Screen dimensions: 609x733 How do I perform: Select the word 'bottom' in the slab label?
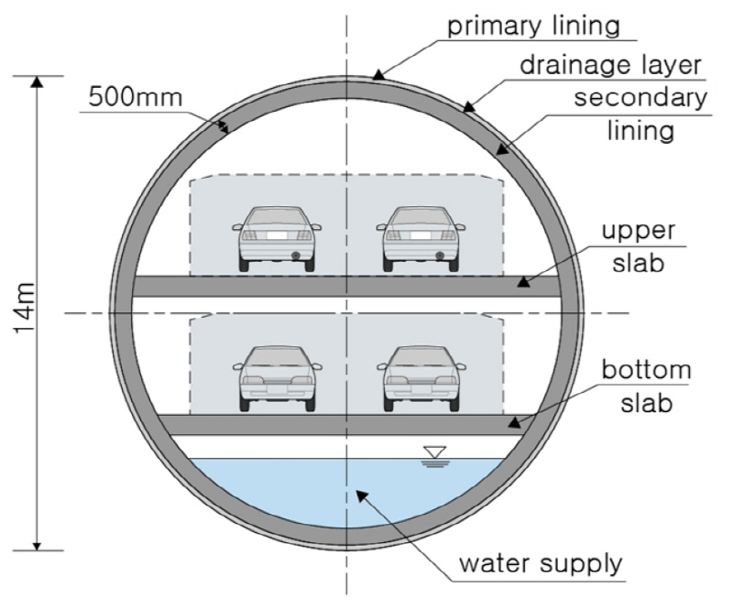(x=646, y=371)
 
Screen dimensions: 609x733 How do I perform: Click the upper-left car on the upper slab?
(x=276, y=236)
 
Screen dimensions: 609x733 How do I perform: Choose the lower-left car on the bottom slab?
(x=276, y=376)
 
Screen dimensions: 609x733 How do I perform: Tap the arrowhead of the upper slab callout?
(x=521, y=282)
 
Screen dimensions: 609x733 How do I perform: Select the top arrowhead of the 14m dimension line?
(x=38, y=82)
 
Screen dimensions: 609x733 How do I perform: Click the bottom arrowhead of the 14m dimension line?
(x=38, y=546)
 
